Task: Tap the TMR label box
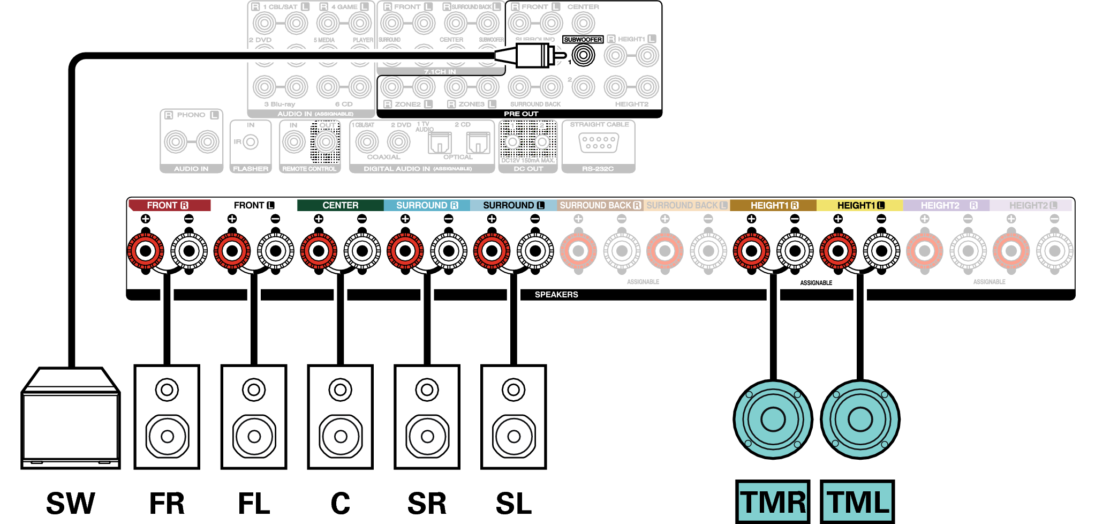772,501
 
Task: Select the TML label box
857,501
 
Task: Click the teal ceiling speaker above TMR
773,419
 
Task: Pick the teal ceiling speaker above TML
860,419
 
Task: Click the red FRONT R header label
169,205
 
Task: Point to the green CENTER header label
340,205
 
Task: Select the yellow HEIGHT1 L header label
860,205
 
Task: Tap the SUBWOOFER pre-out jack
583,55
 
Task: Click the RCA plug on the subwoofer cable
530,55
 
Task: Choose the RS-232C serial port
599,143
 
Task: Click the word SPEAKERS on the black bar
556,295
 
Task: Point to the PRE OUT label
520,114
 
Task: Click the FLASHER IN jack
250,142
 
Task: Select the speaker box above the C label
340,417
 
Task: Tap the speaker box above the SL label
513,417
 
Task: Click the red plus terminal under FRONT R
146,250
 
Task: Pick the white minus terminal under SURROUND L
535,250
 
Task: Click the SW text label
71,503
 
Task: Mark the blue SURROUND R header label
427,205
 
